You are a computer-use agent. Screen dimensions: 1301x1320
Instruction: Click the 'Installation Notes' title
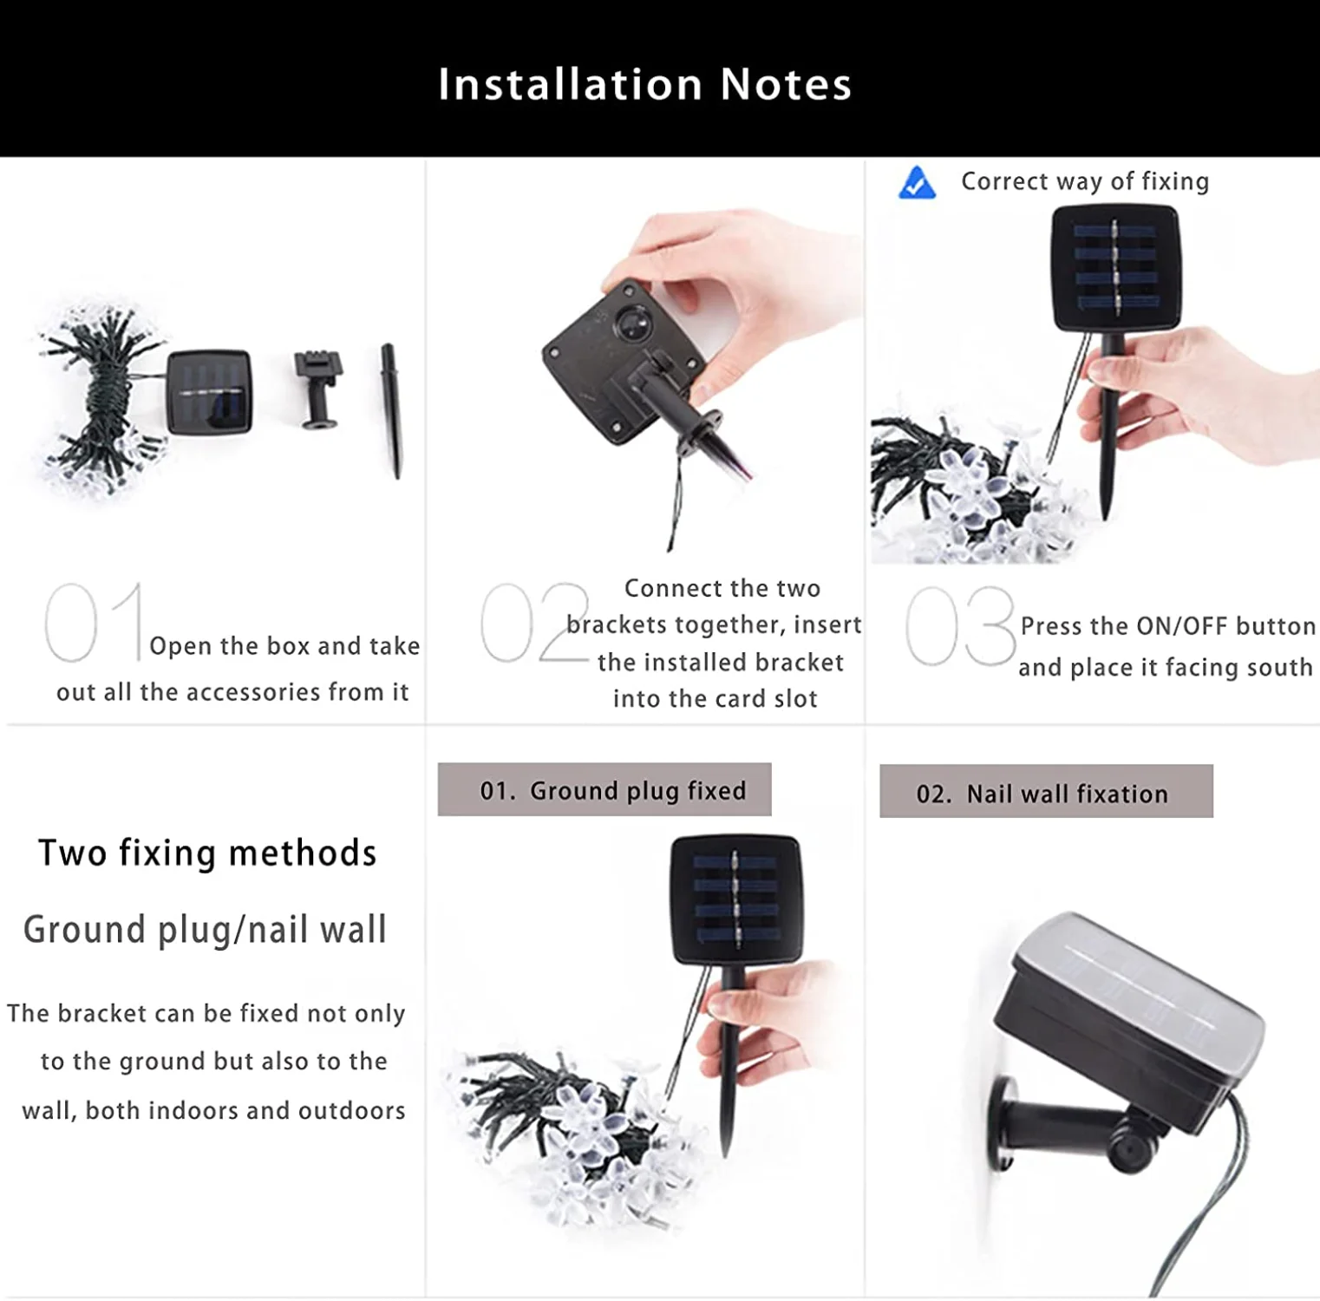point(644,84)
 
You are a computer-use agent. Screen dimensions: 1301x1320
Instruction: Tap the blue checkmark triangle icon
point(917,183)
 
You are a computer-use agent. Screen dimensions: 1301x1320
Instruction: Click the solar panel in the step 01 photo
point(209,392)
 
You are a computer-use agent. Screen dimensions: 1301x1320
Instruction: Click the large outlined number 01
point(94,622)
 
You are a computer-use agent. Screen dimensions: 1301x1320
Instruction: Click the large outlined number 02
point(534,622)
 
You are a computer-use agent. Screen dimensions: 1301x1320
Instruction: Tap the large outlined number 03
point(960,625)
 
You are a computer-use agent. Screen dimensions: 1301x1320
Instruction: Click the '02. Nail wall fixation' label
point(1046,792)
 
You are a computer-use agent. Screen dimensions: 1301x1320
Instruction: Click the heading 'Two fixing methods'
point(207,853)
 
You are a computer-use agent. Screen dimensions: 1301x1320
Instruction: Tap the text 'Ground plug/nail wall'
point(205,930)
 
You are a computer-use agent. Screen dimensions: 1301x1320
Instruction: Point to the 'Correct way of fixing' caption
point(1084,181)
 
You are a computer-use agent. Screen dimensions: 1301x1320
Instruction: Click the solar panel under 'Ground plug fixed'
point(736,899)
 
